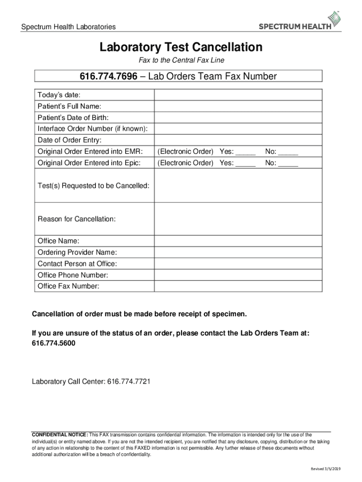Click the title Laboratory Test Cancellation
pyautogui.click(x=181, y=48)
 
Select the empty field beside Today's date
pyautogui.click(x=238, y=95)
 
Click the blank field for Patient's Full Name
pyautogui.click(x=238, y=106)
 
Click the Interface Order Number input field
pyautogui.click(x=238, y=129)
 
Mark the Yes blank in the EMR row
pyautogui.click(x=245, y=152)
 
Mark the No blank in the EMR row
pyautogui.click(x=288, y=152)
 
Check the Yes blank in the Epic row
pyautogui.click(x=245, y=163)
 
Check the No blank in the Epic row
pyautogui.click(x=288, y=163)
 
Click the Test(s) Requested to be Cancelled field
pyautogui.click(x=238, y=186)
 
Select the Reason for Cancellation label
pyautogui.click(x=77, y=219)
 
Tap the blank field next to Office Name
pyautogui.click(x=238, y=241)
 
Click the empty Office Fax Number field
pyautogui.click(x=238, y=287)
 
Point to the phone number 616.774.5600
pyautogui.click(x=53, y=344)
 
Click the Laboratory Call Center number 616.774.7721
pyautogui.click(x=129, y=382)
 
